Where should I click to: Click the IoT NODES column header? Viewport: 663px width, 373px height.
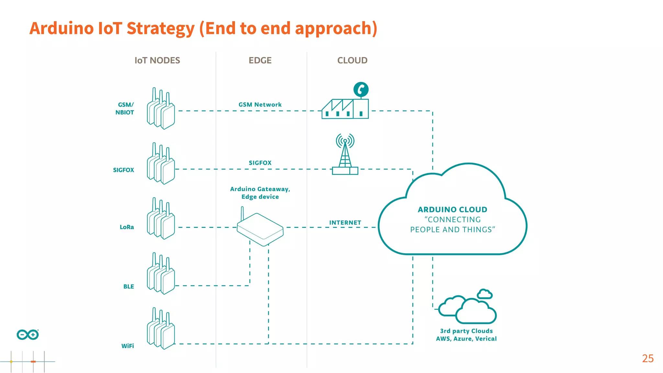click(x=157, y=61)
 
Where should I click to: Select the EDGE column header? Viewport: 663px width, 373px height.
click(x=260, y=61)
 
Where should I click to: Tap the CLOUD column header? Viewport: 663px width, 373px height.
click(x=352, y=61)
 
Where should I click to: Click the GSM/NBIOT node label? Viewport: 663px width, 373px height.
click(x=125, y=108)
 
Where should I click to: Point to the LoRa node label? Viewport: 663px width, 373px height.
click(x=127, y=227)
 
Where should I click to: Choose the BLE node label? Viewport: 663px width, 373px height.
click(x=129, y=287)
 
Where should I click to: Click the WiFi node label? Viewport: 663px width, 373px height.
click(x=128, y=346)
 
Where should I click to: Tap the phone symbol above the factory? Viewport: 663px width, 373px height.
click(x=361, y=89)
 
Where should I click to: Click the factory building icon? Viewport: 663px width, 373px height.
click(x=345, y=109)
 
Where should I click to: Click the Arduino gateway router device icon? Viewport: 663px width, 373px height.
click(x=260, y=228)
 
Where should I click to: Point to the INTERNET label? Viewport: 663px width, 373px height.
click(x=345, y=223)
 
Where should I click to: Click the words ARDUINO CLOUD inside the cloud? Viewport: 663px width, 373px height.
click(x=452, y=209)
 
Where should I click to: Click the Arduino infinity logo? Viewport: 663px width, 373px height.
click(x=28, y=334)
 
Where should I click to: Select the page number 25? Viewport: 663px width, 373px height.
click(x=647, y=358)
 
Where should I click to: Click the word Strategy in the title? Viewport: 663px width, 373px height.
click(x=161, y=28)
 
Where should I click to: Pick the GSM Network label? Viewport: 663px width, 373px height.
click(x=260, y=105)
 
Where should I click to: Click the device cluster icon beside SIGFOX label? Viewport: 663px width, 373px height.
click(x=161, y=164)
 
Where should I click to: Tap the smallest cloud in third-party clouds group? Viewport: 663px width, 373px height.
click(x=485, y=294)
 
